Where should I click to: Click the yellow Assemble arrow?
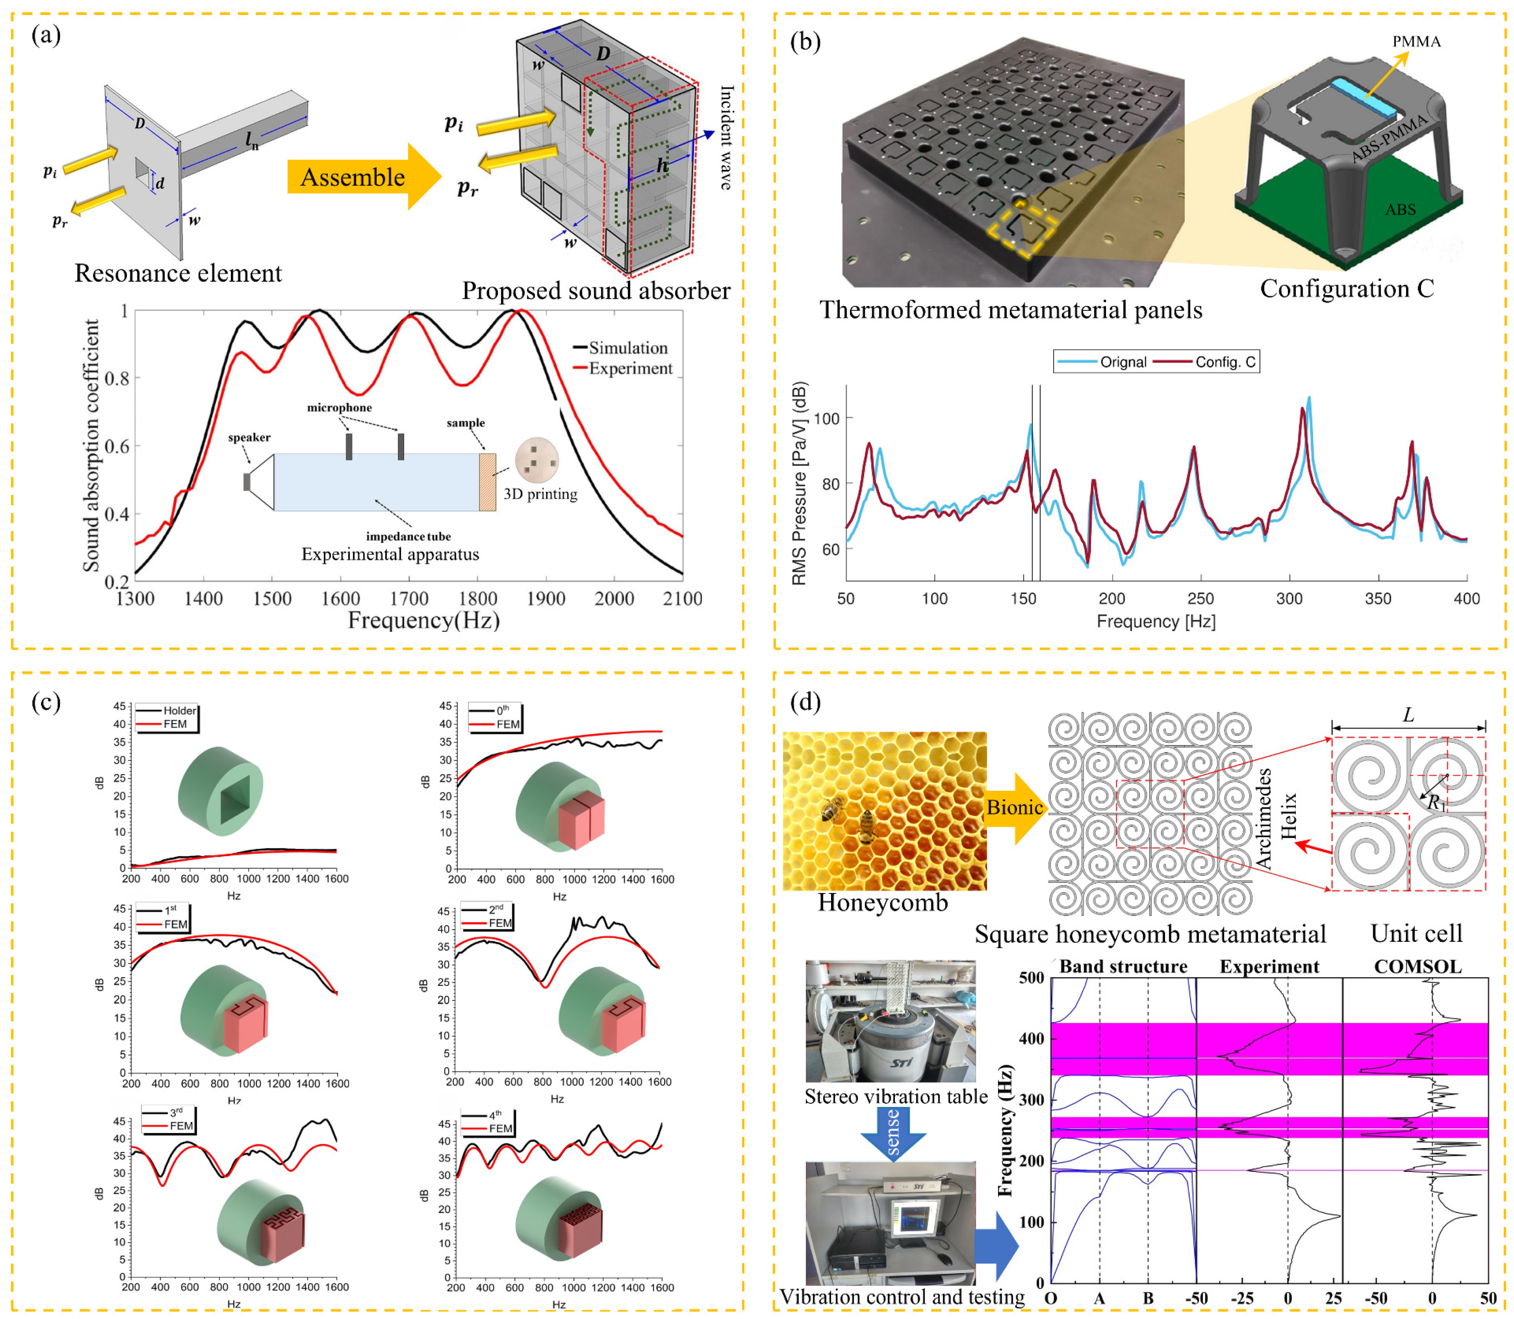tap(361, 177)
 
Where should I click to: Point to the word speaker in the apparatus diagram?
tap(249, 437)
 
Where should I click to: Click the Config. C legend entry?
tap(1225, 362)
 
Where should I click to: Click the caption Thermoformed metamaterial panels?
tap(1010, 310)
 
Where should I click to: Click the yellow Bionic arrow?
tap(1014, 808)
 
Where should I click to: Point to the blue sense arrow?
tap(893, 1134)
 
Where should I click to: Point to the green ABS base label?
tap(1399, 210)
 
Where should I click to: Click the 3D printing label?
tap(540, 494)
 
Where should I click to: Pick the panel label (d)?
tap(805, 702)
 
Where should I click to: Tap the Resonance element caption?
tap(178, 273)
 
